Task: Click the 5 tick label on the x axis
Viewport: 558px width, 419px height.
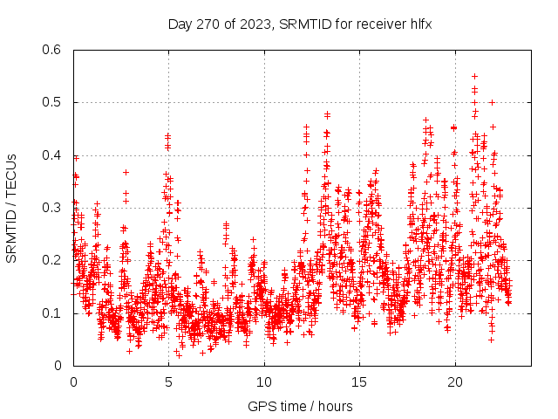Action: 169,382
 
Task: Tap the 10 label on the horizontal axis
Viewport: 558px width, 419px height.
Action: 264,382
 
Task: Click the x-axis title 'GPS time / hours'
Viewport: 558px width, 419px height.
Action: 300,406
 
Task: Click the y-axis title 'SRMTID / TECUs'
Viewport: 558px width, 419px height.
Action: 11,208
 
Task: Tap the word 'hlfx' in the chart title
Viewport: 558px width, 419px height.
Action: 419,24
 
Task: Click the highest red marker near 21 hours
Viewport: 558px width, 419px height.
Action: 474,76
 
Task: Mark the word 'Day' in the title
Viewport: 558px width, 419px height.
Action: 180,24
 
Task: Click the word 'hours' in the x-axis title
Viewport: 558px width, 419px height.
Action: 335,406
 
